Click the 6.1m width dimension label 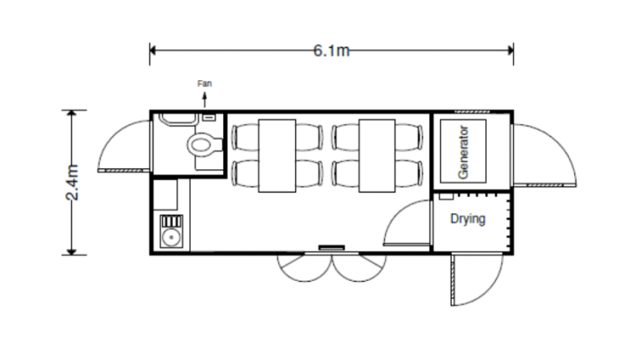331,51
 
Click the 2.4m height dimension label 74,183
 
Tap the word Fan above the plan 205,84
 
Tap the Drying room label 468,219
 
